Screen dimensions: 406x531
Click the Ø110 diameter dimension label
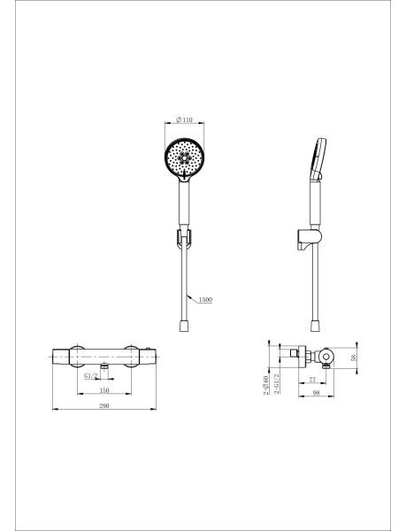pos(184,119)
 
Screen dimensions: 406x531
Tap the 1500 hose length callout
pos(205,299)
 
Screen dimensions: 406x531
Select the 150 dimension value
pos(104,390)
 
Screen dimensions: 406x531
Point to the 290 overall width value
pos(104,405)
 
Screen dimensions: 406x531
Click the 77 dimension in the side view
pos(312,380)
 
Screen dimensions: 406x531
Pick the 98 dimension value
pos(316,393)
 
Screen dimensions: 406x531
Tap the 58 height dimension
pos(354,358)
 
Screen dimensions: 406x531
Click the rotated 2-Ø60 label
pos(265,385)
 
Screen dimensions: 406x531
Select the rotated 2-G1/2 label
pos(277,384)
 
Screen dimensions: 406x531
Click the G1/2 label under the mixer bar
pos(91,375)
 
